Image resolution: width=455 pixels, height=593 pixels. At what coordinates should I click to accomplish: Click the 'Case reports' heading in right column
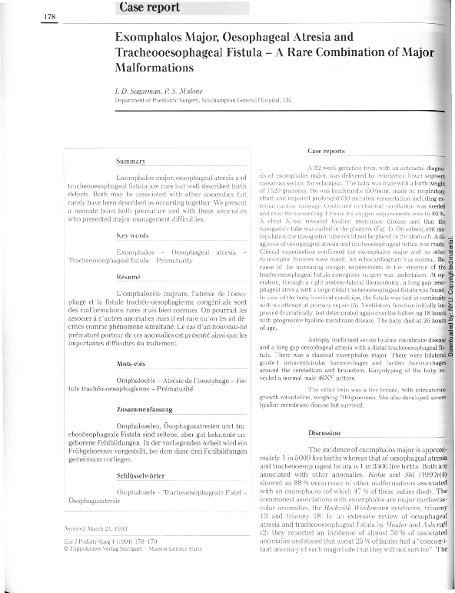click(327, 151)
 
